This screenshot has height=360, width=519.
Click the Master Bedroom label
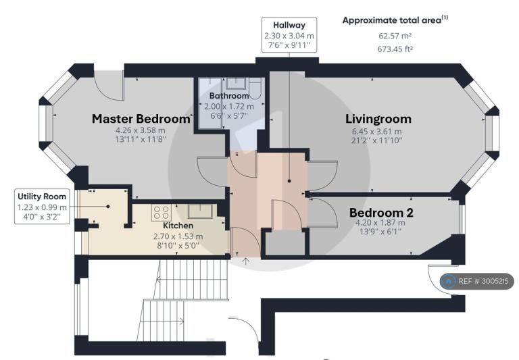141,119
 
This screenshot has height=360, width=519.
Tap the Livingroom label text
378,119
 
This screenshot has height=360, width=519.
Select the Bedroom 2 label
381,213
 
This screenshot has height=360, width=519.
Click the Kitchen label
178,226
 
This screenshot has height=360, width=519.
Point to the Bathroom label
229,96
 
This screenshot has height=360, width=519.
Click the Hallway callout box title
289,25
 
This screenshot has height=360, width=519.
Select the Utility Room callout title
42,197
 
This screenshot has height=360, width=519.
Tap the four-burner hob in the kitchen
162,213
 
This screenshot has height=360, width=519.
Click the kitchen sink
200,211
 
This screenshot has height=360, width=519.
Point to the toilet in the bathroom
255,88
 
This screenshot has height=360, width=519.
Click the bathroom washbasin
235,83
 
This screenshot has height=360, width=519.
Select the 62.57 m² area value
395,36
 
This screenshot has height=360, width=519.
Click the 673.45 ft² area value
395,49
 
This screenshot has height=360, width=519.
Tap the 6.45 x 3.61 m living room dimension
376,131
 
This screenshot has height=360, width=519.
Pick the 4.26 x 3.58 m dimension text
140,130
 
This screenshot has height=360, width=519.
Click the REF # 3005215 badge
477,281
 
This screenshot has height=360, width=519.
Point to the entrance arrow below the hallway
245,261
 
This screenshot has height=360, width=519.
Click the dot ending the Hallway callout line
289,181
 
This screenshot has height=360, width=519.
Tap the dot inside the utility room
108,207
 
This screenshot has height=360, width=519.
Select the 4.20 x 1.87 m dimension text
380,223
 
